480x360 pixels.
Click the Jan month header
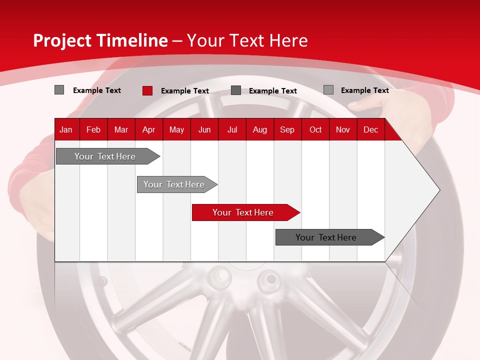point(66,129)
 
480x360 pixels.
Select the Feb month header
point(93,129)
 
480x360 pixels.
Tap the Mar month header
point(121,129)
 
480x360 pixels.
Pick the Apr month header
point(148,129)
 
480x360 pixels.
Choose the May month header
point(176,129)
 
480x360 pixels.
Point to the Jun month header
point(204,129)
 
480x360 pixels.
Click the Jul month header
point(232,129)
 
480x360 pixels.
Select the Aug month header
point(259,129)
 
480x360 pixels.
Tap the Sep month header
point(287,129)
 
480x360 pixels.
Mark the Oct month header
point(315,129)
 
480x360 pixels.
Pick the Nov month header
point(343,129)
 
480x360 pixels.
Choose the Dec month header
point(370,129)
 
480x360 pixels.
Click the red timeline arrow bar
point(243,212)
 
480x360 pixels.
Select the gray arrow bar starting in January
point(105,156)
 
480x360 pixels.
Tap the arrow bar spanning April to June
point(174,184)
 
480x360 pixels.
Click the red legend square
point(147,90)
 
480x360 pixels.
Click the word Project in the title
point(62,40)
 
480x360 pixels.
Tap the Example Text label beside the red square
point(185,91)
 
